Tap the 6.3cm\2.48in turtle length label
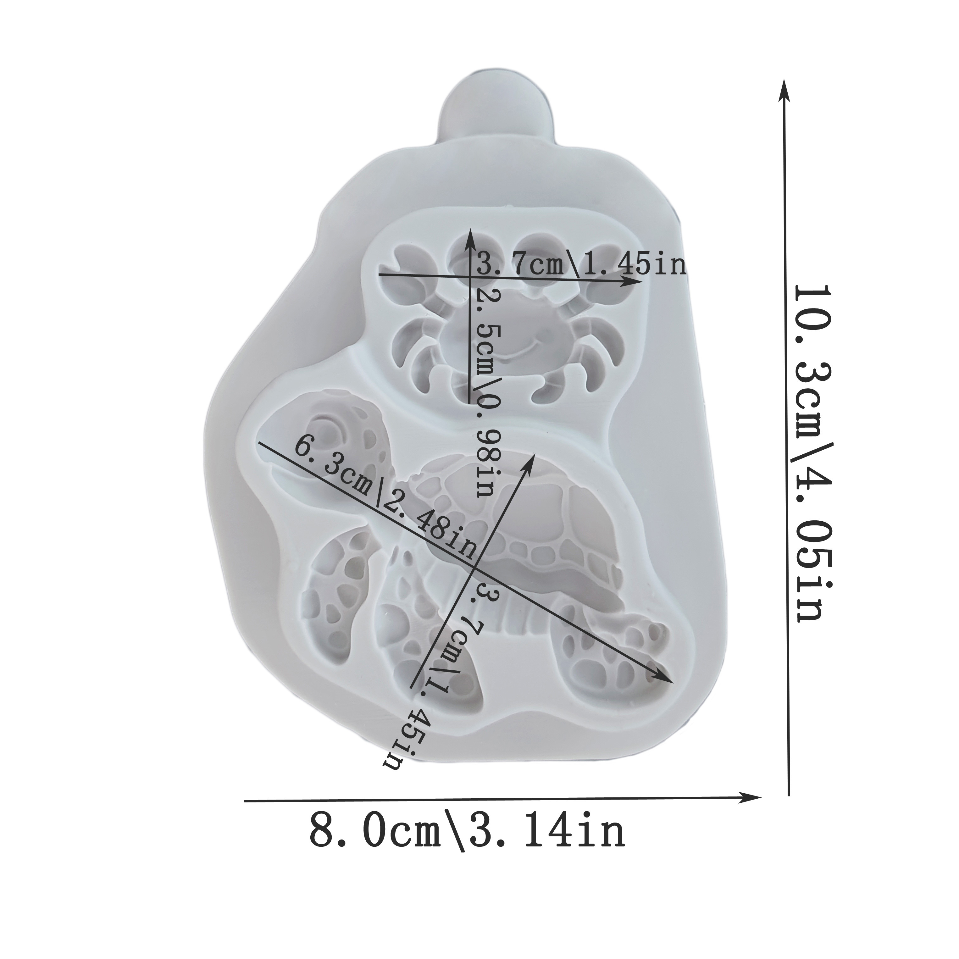click(385, 501)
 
